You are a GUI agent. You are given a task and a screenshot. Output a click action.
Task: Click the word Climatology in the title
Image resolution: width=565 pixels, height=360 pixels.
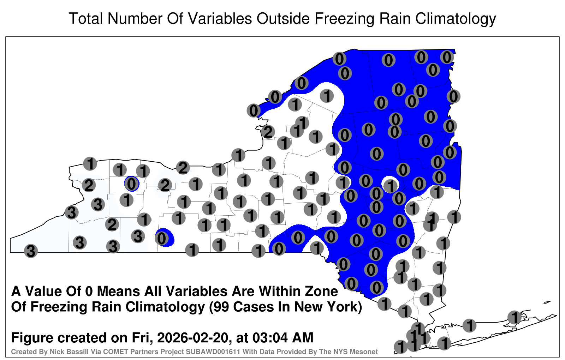(456, 19)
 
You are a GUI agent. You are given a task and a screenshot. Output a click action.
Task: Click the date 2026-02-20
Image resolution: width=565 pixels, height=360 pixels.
(193, 338)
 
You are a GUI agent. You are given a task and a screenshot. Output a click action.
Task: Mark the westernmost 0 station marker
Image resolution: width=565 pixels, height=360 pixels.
(132, 184)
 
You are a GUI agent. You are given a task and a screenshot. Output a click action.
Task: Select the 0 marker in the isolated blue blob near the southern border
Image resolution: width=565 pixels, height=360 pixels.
(162, 238)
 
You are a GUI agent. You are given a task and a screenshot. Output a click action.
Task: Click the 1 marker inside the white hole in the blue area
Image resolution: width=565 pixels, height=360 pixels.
(391, 186)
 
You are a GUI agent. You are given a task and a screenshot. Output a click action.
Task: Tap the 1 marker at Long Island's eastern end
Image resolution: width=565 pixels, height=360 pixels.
(514, 317)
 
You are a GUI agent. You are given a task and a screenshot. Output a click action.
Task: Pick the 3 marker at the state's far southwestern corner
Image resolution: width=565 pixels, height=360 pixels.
(31, 251)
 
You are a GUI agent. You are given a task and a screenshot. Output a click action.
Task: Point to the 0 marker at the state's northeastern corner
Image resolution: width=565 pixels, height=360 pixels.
(447, 57)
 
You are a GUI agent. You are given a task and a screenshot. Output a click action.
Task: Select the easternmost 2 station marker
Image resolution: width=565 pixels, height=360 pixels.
(268, 132)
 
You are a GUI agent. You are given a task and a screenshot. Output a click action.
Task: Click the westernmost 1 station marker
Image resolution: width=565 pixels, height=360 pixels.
(90, 163)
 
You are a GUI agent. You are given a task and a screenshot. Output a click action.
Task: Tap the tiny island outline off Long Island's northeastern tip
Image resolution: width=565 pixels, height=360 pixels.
(547, 302)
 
